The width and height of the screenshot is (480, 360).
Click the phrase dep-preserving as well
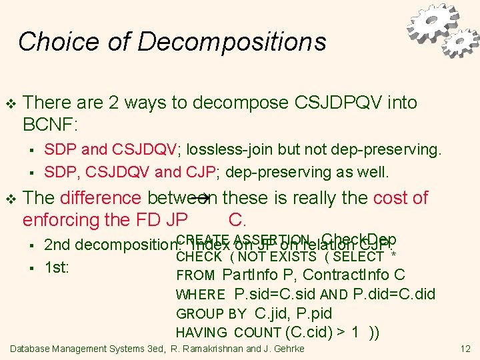[307, 172]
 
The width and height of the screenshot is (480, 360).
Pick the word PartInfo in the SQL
[251, 275]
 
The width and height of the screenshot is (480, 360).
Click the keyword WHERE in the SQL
[201, 295]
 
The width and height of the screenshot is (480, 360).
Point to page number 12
[465, 349]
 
